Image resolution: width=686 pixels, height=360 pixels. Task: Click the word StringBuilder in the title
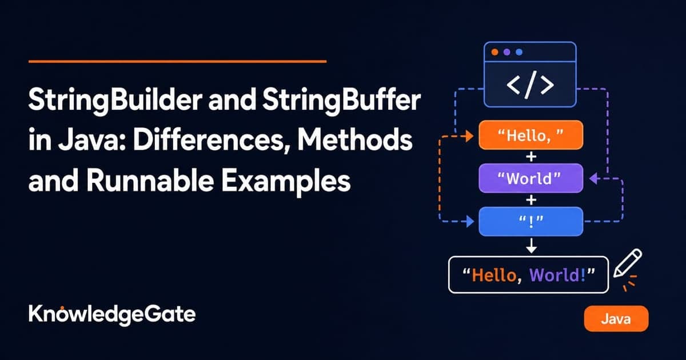click(115, 101)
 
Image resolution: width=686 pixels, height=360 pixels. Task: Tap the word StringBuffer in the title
click(341, 101)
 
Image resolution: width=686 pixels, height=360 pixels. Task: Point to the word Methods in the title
click(355, 140)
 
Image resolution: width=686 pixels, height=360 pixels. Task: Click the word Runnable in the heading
click(150, 180)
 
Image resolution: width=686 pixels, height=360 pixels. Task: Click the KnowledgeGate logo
click(112, 314)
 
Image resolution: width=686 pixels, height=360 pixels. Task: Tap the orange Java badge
click(616, 318)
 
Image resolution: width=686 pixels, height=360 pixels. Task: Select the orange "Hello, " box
click(531, 135)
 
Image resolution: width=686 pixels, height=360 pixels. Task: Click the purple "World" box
click(531, 178)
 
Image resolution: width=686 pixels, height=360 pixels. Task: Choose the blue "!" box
click(531, 221)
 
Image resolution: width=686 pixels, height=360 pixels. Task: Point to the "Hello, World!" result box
click(528, 275)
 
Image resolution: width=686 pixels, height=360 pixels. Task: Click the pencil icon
click(628, 263)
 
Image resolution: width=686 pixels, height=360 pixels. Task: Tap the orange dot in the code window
click(494, 52)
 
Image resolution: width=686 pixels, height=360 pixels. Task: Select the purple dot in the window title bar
click(507, 52)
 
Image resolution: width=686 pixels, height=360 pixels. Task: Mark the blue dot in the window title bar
click(519, 52)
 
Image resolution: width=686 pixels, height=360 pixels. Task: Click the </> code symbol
click(530, 85)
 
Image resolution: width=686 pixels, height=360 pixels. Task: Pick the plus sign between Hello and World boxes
click(531, 157)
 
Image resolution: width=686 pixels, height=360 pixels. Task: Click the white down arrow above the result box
click(531, 246)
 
